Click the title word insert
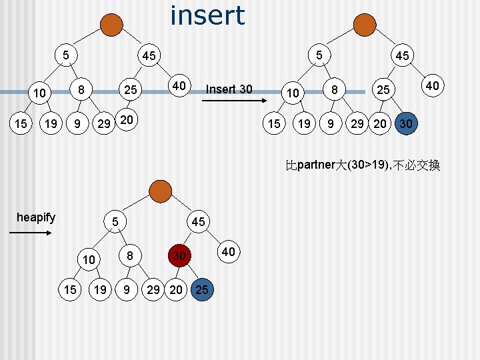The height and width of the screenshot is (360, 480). (x=207, y=15)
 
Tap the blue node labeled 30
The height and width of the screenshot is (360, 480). (x=406, y=123)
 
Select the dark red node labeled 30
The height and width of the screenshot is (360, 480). (x=180, y=255)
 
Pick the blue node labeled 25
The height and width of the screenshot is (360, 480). (x=202, y=289)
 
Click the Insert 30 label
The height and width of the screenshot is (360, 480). (x=229, y=89)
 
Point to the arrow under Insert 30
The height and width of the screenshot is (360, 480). (x=234, y=101)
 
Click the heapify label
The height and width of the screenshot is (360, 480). (x=36, y=217)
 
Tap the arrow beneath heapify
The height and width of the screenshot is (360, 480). (x=30, y=233)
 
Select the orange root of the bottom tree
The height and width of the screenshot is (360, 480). (x=161, y=191)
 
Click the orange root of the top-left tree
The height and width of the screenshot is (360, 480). (x=111, y=25)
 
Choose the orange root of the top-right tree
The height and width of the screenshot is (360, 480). (x=365, y=25)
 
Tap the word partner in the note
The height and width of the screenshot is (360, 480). (x=316, y=165)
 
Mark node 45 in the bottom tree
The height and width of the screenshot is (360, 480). (x=199, y=221)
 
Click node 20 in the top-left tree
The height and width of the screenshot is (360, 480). (x=127, y=119)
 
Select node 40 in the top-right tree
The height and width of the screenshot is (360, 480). (x=433, y=85)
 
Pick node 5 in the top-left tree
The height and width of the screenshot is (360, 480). (x=66, y=55)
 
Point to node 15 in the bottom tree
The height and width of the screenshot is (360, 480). (x=70, y=289)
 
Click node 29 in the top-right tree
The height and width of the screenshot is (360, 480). (x=357, y=123)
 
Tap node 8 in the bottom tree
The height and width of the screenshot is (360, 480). (x=130, y=255)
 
